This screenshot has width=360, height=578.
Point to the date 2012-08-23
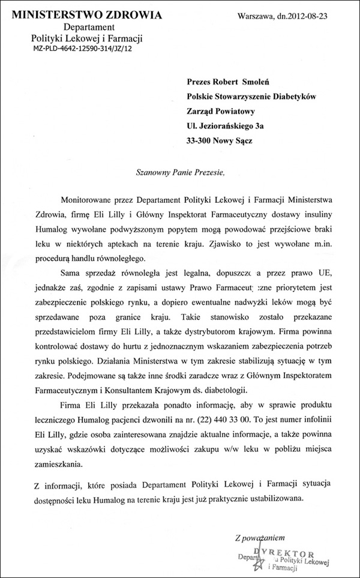324,17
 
